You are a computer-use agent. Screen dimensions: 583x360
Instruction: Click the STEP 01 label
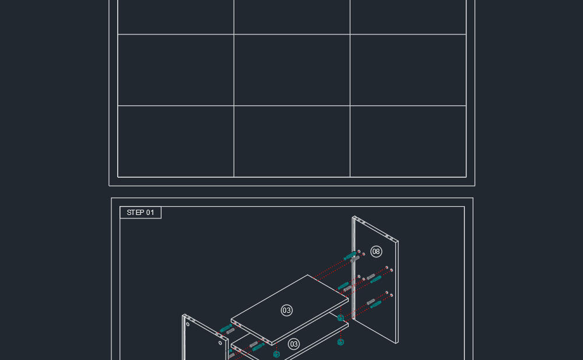(140, 213)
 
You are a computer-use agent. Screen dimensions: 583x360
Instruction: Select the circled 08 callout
(376, 252)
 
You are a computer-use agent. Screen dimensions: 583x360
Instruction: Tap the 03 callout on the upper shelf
(286, 310)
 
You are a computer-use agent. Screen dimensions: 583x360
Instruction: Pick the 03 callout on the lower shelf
(294, 344)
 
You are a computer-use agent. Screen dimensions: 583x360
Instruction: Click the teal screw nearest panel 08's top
(350, 256)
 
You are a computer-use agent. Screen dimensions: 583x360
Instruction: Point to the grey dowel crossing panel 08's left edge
(354, 259)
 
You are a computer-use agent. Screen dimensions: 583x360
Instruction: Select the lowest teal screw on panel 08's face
(375, 305)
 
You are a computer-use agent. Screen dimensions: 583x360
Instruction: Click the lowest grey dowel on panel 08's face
(371, 302)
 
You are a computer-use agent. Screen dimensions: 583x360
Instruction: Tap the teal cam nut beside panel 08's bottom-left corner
(340, 318)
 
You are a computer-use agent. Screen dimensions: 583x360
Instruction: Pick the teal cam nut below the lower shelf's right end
(340, 342)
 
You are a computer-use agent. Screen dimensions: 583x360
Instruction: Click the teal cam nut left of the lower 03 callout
(276, 354)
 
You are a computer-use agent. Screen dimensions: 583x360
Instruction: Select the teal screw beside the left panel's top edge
(226, 328)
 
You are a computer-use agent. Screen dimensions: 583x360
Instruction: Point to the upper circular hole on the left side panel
(188, 324)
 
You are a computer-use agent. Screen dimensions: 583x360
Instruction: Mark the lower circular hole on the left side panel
(220, 343)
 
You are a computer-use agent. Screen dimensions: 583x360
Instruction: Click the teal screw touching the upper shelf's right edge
(343, 286)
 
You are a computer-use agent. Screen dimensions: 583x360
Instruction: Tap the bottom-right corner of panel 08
(398, 343)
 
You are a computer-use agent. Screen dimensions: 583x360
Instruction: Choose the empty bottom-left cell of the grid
(175, 142)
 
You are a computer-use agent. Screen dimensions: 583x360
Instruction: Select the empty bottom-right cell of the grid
(408, 142)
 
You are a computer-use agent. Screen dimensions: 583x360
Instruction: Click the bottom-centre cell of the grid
(292, 142)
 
